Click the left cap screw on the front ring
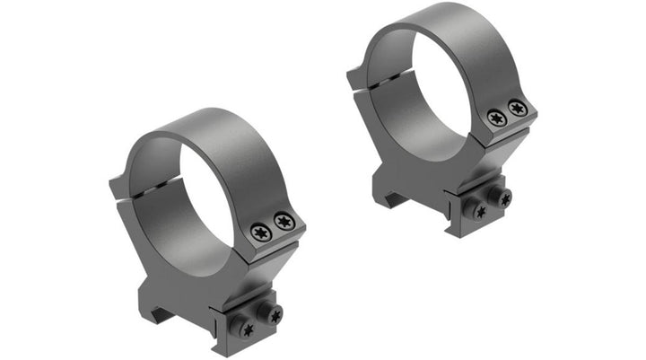tap(261, 233)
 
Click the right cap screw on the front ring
tap(284, 222)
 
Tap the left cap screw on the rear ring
tap(496, 118)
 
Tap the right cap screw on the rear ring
tap(517, 108)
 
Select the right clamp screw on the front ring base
tap(274, 313)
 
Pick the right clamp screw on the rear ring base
tap(504, 199)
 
